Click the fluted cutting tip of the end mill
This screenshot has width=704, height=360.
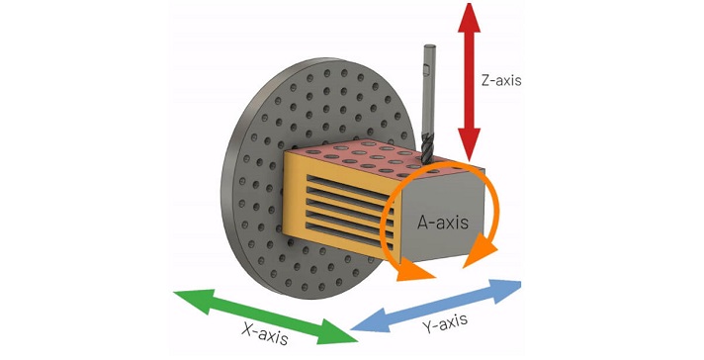[x=428, y=138]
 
